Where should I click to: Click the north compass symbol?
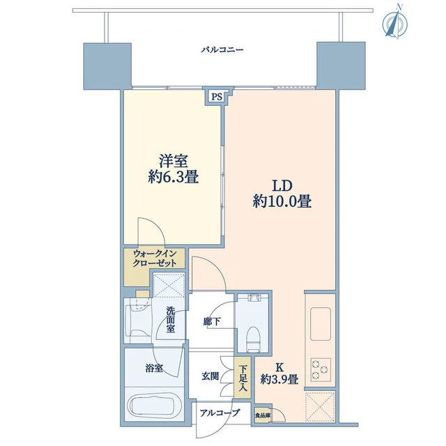click(395, 23)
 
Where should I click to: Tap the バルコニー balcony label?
click(222, 50)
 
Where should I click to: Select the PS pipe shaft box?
click(217, 97)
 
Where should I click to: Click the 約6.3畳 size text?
click(174, 178)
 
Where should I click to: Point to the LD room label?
click(282, 186)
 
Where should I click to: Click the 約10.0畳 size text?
click(282, 201)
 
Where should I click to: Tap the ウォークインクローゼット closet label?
click(155, 259)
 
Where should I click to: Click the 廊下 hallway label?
click(212, 321)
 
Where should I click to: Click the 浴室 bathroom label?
click(154, 369)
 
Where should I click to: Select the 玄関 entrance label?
click(210, 376)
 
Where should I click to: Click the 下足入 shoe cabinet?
click(243, 378)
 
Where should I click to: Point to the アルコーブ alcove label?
click(220, 413)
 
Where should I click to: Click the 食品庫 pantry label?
click(262, 415)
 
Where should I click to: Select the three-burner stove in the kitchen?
click(321, 369)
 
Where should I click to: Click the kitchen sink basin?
click(321, 323)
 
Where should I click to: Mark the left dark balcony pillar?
click(107, 66)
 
